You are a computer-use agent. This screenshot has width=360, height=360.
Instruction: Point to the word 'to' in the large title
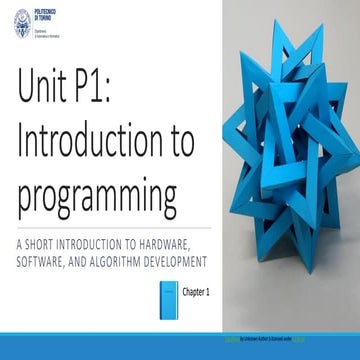(x=176, y=144)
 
